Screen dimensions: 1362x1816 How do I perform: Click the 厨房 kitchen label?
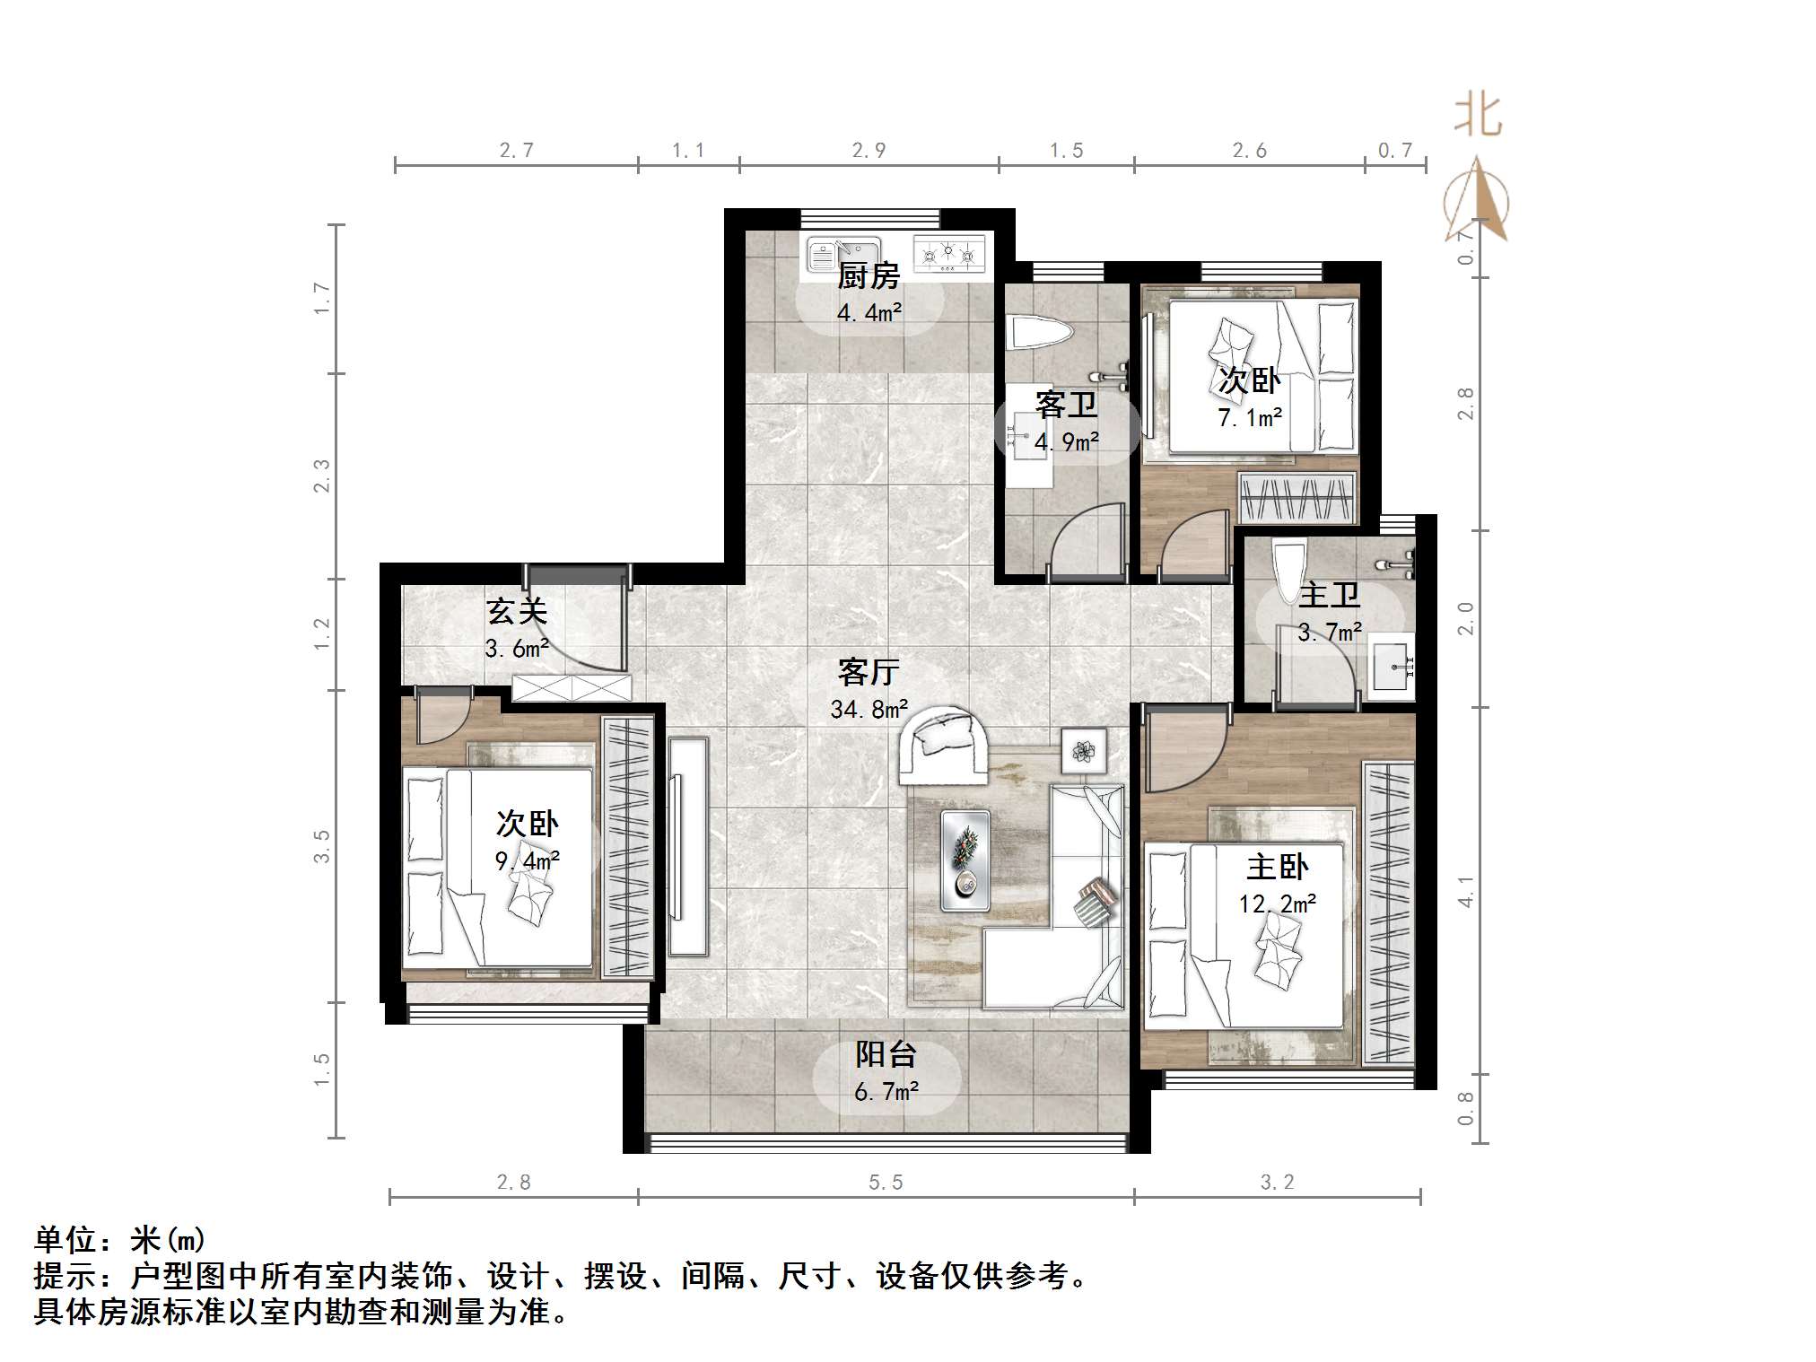coord(868,276)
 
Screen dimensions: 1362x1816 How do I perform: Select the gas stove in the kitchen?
coord(948,253)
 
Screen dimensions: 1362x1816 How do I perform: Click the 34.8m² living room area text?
coord(869,710)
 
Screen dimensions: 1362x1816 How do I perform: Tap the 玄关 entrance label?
coord(516,612)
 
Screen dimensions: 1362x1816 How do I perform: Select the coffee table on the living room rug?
coord(965,860)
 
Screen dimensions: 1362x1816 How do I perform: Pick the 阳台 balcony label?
coord(886,1054)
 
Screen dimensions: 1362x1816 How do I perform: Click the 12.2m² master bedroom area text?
coord(1278,904)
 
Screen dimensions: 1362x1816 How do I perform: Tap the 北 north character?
coord(1477,117)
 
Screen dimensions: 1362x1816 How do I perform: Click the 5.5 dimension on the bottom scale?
coord(886,1183)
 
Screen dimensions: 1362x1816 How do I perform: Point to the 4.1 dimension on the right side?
coord(1465,891)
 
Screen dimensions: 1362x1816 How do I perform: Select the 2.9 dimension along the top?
coord(869,151)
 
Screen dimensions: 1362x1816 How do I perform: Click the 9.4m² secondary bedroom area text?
coord(528,861)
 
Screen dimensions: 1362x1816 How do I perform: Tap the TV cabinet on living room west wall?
coord(688,846)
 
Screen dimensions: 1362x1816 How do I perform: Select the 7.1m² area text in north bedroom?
coord(1249,417)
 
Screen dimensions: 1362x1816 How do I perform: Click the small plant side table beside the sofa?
coord(1084,750)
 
